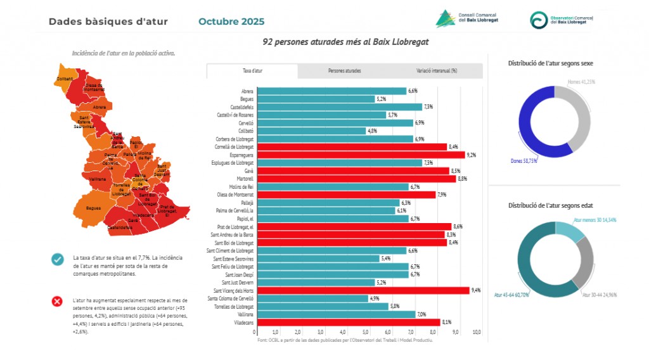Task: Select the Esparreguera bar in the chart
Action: [361, 155]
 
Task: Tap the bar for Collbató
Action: [311, 131]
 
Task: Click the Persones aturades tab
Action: [345, 70]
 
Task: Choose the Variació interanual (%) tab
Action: [437, 70]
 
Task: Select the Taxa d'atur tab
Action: [252, 70]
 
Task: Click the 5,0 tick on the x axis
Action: [366, 331]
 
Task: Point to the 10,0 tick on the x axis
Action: [477, 331]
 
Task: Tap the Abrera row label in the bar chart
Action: [247, 91]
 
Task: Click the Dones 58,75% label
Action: [524, 161]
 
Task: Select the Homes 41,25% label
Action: [581, 82]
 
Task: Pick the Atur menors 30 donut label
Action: [595, 220]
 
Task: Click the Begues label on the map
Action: [94, 208]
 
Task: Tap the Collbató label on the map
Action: [65, 79]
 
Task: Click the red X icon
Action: [58, 301]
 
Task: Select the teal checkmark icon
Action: [58, 259]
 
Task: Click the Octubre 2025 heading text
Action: [231, 22]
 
